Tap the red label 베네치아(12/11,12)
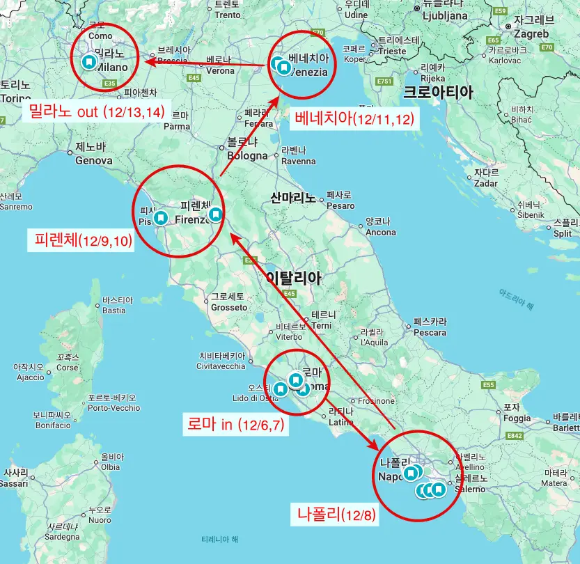coord(354,118)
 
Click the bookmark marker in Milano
coord(88,62)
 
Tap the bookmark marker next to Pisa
coord(161,217)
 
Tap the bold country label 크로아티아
coord(438,92)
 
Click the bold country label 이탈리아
coord(293,279)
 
